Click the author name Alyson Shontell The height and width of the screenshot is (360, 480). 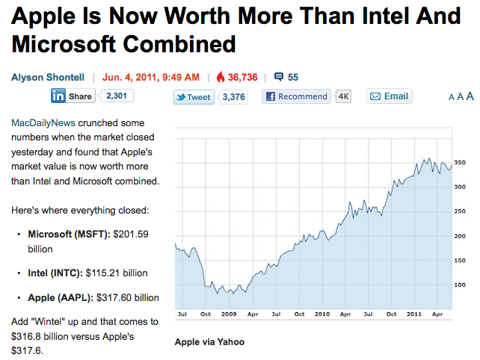[x=48, y=76]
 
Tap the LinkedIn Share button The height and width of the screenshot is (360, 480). [x=73, y=96]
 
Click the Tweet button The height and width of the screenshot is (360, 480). [x=194, y=97]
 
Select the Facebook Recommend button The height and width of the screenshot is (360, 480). [x=297, y=96]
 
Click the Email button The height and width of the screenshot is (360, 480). [x=390, y=96]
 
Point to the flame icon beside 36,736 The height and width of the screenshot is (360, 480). [x=220, y=76]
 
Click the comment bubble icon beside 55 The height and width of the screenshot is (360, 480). [x=279, y=76]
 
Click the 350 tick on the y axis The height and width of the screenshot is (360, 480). [x=460, y=162]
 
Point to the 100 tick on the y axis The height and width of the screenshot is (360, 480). [x=460, y=285]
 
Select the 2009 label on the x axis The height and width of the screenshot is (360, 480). [x=228, y=314]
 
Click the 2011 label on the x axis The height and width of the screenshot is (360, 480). [x=413, y=314]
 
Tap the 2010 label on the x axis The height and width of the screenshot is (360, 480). [x=321, y=314]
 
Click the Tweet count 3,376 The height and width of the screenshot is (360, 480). [x=234, y=97]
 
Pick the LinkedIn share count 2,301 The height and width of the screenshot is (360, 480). [x=116, y=96]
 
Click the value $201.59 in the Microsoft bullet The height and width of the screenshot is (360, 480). [x=130, y=234]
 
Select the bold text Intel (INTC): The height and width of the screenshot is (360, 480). [x=55, y=273]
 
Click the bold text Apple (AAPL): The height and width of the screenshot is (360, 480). [x=61, y=297]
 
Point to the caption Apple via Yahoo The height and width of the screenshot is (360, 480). [x=209, y=342]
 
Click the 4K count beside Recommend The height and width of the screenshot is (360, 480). [x=344, y=96]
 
